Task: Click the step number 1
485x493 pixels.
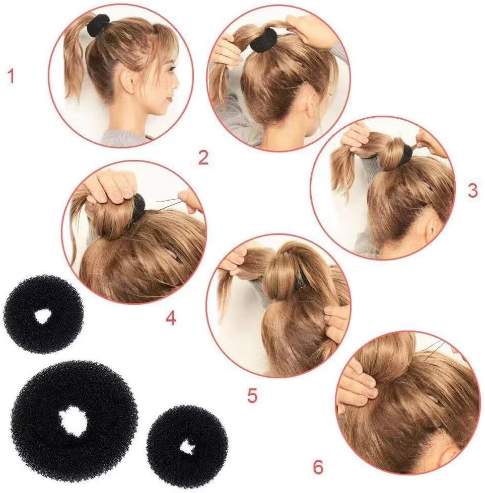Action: point(11,76)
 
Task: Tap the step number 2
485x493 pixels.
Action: point(203,158)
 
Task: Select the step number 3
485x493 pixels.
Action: point(472,191)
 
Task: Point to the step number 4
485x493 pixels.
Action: point(171,318)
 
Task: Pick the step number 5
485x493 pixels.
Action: point(252,395)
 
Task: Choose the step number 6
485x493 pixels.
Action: point(318,467)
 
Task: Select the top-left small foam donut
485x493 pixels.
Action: point(43,314)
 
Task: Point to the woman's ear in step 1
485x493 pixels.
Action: point(127,80)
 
